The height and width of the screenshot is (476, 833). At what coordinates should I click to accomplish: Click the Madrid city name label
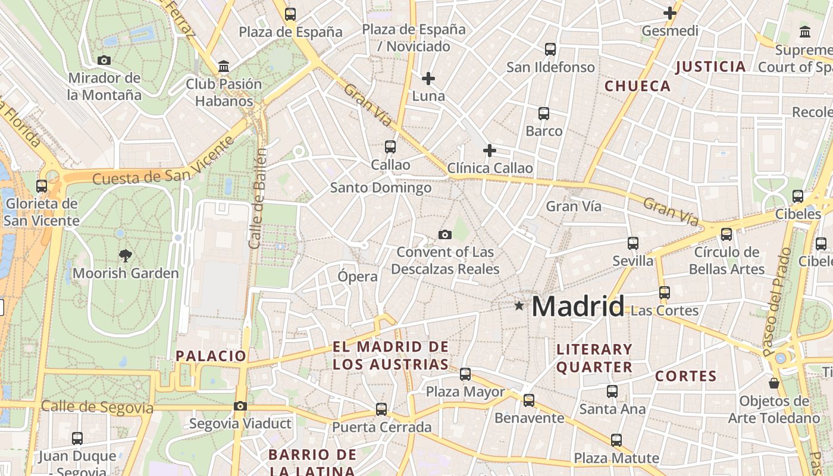coord(578,306)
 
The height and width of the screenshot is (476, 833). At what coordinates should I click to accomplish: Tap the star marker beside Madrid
coord(519,306)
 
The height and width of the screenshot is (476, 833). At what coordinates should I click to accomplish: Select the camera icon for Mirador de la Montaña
coord(104,60)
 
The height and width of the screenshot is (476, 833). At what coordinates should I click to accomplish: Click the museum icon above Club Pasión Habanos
coord(224,66)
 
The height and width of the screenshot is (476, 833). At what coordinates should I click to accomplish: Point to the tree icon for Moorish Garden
coord(125,256)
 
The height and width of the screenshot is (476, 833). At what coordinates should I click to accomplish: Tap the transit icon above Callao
coord(390,146)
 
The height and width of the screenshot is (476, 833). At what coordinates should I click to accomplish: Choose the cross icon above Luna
coord(428,79)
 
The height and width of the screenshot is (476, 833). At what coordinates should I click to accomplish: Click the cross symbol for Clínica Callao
coord(490,151)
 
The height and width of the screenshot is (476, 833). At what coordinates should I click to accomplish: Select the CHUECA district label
coord(637,86)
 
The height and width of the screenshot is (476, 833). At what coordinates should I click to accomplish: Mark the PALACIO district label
coord(211,356)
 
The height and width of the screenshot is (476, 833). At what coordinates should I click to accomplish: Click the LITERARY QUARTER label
coord(594,358)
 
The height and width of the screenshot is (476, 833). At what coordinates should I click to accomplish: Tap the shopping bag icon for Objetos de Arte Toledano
coord(773,383)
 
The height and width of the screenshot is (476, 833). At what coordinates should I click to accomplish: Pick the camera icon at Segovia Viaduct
coord(240,406)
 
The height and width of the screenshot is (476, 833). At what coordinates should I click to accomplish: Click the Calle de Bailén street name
coord(258,198)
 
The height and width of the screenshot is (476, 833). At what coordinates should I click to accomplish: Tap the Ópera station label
coord(357,277)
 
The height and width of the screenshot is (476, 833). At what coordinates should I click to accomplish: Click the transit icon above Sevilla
coord(633,243)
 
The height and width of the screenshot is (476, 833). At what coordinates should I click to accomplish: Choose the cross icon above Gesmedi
coord(670,13)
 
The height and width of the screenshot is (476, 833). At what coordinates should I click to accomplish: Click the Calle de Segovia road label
coord(97,408)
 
